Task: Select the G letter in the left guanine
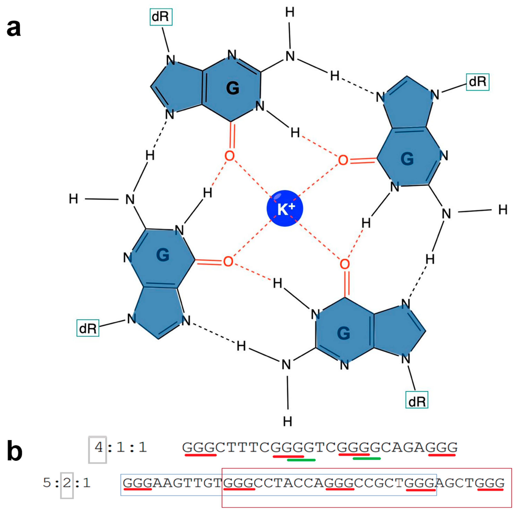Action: coord(163,255)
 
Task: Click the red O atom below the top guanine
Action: coord(229,156)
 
